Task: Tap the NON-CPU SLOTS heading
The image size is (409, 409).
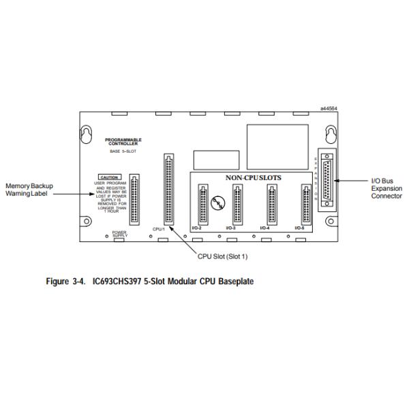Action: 253,177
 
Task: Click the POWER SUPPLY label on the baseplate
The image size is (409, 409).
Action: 120,234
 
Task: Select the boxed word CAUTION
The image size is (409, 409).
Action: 109,177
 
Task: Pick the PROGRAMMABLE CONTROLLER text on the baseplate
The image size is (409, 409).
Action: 123,141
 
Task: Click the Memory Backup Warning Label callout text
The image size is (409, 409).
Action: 30,190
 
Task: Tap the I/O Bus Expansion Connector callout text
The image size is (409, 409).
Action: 386,188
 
